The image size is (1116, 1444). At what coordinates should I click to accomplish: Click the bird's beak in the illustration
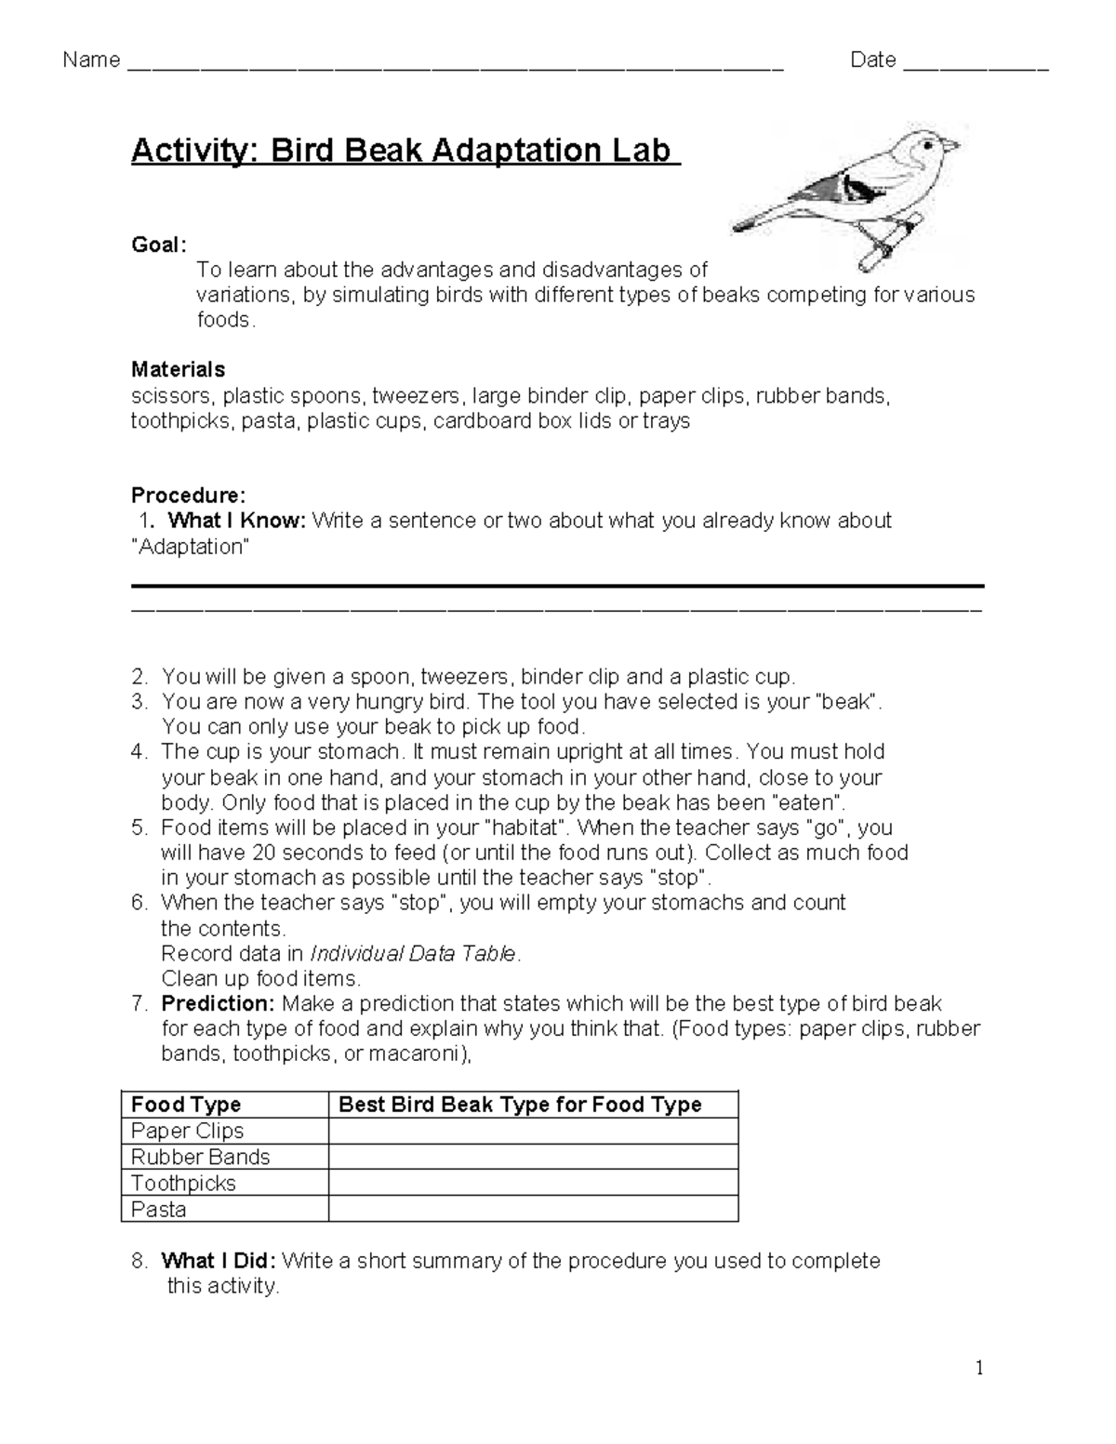[951, 145]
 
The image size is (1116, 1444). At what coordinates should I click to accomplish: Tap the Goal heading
[158, 245]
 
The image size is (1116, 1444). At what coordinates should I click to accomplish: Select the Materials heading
[178, 370]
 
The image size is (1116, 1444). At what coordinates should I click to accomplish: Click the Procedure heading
[188, 495]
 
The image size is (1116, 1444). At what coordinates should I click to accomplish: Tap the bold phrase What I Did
[218, 1262]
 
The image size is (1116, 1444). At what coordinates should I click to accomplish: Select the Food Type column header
[186, 1105]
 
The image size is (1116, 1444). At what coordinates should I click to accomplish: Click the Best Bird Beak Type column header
[520, 1105]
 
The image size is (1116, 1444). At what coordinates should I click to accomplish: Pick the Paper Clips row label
[187, 1132]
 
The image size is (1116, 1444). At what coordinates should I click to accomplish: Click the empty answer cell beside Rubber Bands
[533, 1158]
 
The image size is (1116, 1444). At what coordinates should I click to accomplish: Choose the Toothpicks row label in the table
[183, 1184]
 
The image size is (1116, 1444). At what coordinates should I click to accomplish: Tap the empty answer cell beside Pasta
[533, 1210]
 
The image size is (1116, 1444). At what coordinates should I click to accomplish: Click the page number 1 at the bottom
[978, 1368]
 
